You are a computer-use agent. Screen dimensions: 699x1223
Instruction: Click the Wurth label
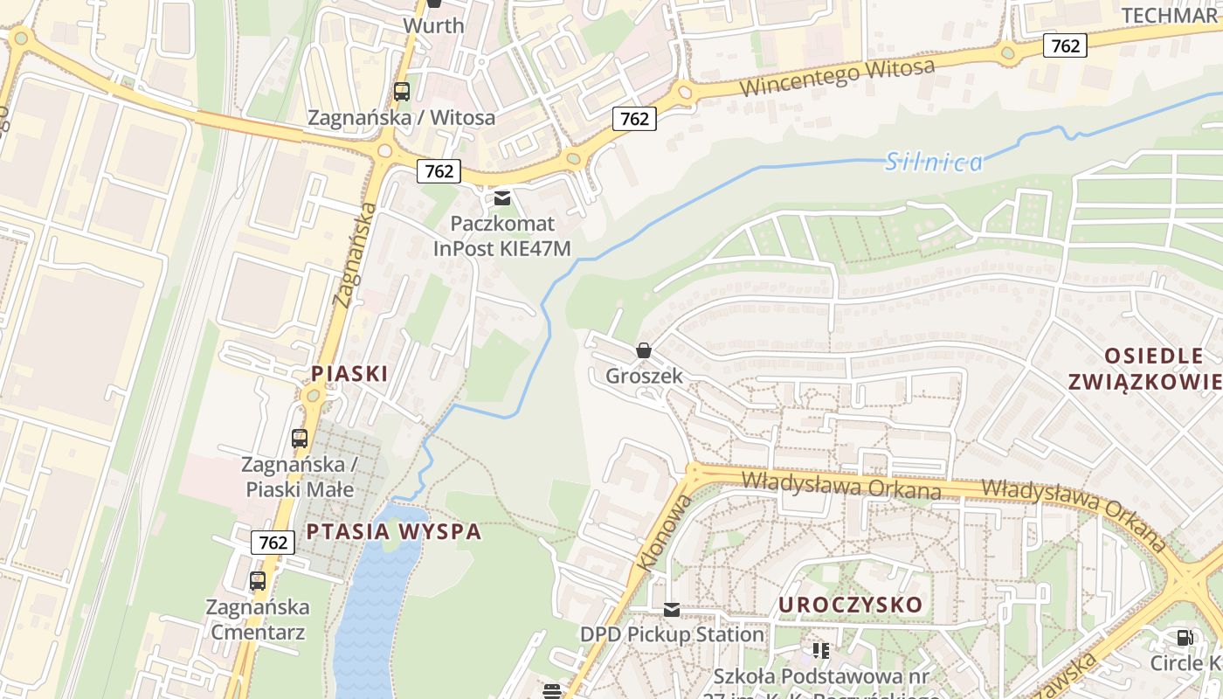click(x=433, y=25)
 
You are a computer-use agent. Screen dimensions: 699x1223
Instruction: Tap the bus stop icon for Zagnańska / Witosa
click(x=402, y=91)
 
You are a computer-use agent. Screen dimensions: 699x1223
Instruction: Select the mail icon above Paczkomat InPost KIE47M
click(x=502, y=198)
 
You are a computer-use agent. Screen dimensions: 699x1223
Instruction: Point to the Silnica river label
click(x=934, y=162)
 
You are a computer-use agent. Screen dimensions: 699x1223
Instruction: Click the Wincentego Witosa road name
click(x=837, y=78)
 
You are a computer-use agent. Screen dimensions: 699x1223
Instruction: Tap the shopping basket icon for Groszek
click(x=644, y=351)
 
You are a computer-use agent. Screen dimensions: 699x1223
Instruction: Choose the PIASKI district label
click(x=349, y=373)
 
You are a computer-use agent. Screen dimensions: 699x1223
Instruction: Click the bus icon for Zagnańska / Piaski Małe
click(x=300, y=438)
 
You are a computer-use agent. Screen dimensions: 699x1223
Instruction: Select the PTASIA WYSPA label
click(x=394, y=531)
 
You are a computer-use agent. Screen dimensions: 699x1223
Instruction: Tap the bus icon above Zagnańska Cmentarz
click(x=258, y=580)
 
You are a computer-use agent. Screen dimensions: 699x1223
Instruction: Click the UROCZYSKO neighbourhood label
click(x=850, y=605)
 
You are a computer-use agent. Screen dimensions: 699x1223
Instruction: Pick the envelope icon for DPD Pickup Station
click(x=672, y=610)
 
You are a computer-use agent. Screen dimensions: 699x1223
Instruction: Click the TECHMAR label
click(x=1169, y=16)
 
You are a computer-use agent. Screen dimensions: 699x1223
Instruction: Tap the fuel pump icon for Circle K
click(x=1185, y=638)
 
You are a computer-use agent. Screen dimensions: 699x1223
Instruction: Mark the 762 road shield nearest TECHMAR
click(x=1065, y=45)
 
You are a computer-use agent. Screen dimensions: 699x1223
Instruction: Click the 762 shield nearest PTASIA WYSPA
click(x=273, y=543)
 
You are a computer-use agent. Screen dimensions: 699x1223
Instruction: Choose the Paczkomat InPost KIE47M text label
click(x=502, y=236)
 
